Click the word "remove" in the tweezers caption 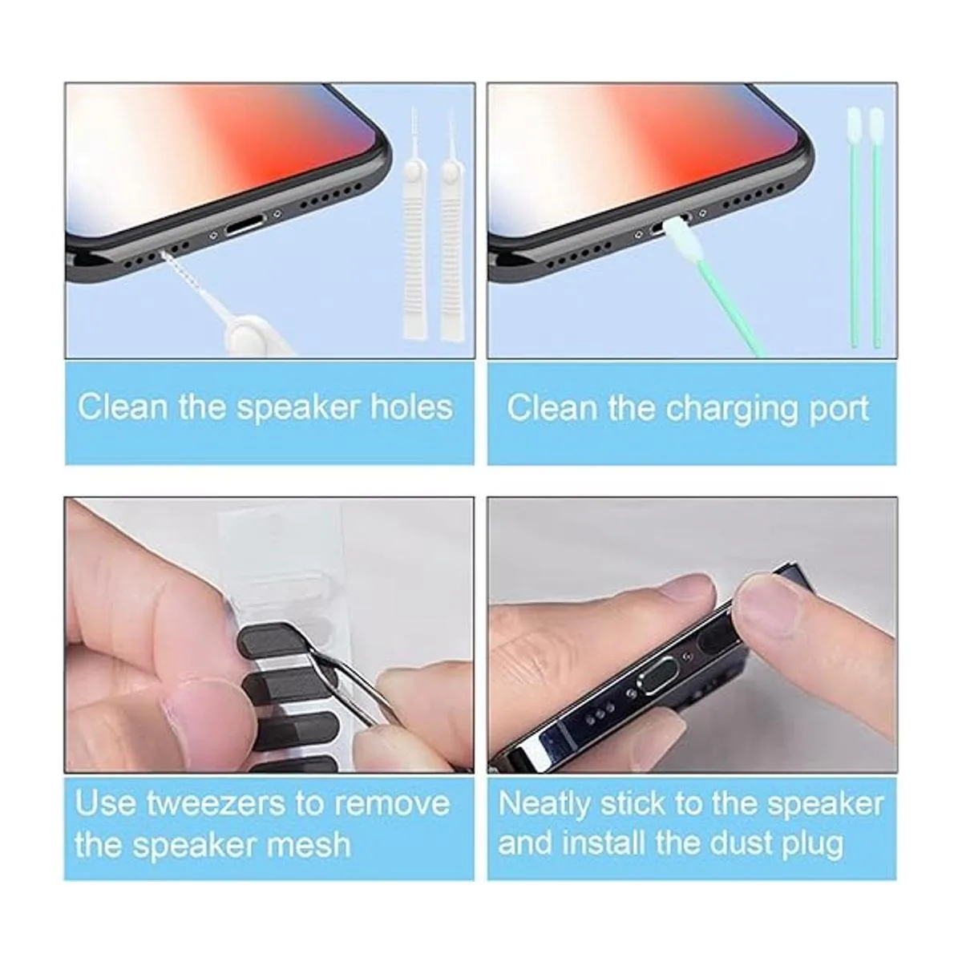(x=392, y=803)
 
